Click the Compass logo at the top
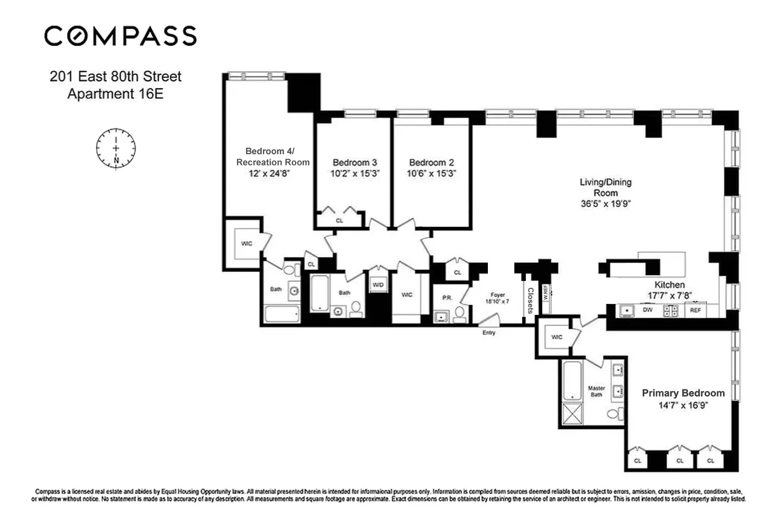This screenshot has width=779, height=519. coord(120,36)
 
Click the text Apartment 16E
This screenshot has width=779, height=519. coord(115,94)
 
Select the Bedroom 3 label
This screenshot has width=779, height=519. coord(355,163)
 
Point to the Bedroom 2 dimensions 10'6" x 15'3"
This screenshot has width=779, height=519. coord(431,174)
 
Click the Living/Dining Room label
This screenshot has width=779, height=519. coord(605,188)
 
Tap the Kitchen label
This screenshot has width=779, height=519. coord(669,284)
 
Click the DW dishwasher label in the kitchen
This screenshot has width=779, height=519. coord(647,310)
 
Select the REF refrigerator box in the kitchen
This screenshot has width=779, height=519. coord(695,310)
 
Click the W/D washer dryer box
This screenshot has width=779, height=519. coord(378,285)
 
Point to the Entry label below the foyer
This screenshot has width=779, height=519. coord(488,332)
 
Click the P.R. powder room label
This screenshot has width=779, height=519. coord(446,298)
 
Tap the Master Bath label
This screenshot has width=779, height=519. coord(596,391)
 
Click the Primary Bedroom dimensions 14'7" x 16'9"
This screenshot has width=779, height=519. coord(683,406)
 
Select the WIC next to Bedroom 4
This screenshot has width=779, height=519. coord(247,244)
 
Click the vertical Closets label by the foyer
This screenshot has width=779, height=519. coord(530,300)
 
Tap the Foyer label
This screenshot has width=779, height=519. coord(497,295)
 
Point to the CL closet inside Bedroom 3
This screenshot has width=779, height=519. coord(340,220)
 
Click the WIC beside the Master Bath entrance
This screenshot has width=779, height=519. coord(556,337)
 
